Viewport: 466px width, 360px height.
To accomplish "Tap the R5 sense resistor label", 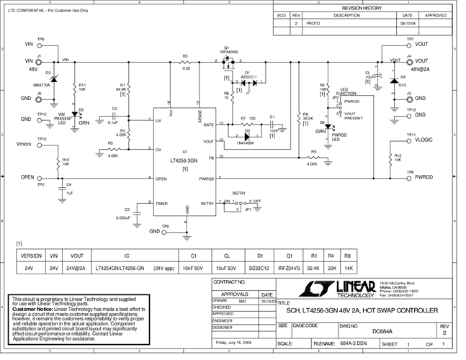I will coord(185,55).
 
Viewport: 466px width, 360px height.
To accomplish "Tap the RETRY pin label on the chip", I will coord(207,204).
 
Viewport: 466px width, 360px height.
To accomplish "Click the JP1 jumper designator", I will coord(248,210).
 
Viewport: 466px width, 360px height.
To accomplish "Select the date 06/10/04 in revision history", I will coord(407,23).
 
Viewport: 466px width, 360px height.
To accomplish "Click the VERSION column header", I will coord(31,255).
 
